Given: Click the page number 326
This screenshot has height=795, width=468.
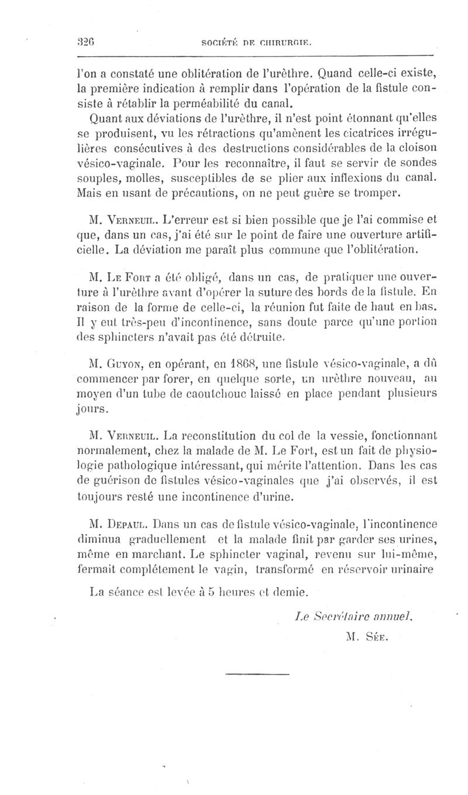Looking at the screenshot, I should [87, 42].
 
